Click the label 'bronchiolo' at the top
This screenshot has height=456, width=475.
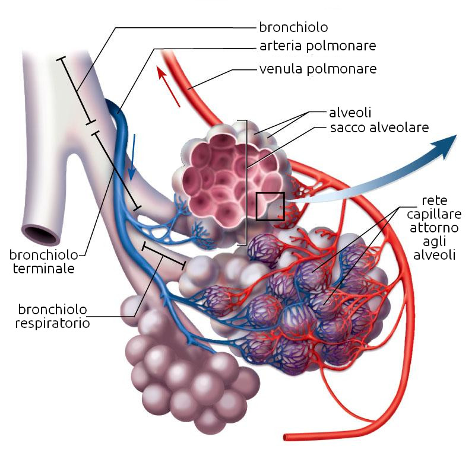(293, 27)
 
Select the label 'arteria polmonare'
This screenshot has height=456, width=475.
(318, 46)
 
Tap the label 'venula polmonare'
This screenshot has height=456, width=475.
(318, 69)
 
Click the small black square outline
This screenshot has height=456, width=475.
(270, 206)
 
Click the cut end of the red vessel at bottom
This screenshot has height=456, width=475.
(286, 438)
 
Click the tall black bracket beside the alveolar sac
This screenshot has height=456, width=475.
(243, 182)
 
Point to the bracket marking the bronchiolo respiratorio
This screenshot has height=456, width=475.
(164, 254)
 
